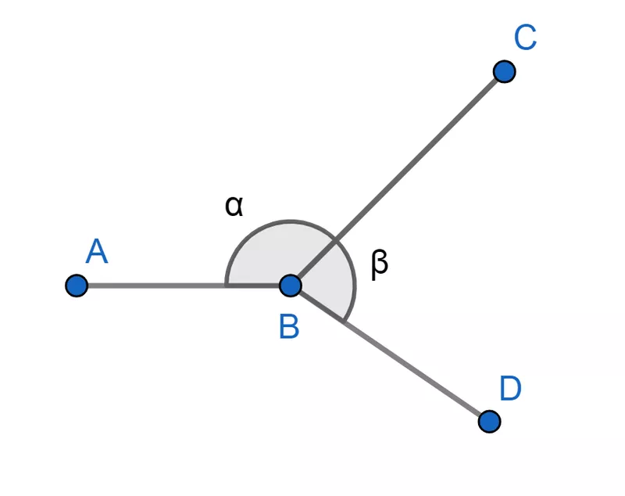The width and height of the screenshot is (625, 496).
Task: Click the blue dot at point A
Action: point(76,286)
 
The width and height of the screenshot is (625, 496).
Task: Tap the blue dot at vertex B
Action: point(290,286)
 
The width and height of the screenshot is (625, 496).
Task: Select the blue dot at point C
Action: point(505,72)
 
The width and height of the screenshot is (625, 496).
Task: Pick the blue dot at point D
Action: point(489,422)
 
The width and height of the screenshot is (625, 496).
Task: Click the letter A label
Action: point(96,252)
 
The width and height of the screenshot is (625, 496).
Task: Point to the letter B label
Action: point(289,327)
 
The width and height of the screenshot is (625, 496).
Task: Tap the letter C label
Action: point(525,38)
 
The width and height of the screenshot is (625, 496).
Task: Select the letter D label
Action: point(510,389)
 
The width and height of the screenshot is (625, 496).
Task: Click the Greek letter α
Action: point(234,206)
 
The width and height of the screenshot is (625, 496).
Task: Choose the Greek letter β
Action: point(379,264)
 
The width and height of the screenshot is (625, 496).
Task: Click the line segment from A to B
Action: point(156,286)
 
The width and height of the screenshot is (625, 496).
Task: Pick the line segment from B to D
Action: point(406,364)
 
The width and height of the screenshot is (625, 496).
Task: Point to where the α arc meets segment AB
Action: point(226,286)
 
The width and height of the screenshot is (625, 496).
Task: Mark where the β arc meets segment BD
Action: point(343,321)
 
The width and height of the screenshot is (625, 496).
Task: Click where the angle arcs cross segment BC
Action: point(335,240)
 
